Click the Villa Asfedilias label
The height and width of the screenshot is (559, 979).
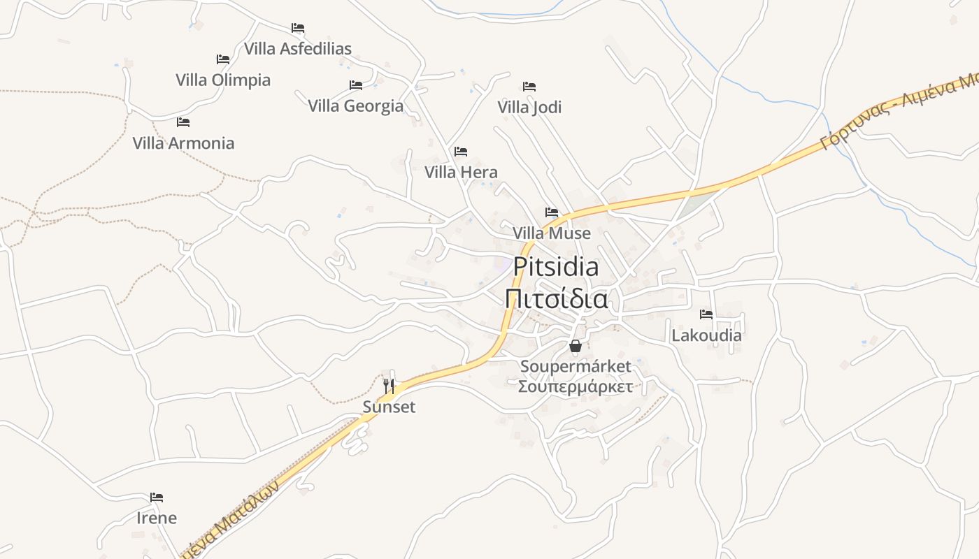pos(297,49)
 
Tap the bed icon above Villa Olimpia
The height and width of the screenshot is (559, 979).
pos(223,59)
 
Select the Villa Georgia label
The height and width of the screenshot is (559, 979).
pos(356,106)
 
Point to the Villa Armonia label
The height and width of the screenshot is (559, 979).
pos(183,143)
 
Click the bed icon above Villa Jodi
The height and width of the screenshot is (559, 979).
pos(529,87)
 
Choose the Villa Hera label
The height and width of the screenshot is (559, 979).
pos(461,173)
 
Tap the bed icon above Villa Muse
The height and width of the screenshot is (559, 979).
pos(552,212)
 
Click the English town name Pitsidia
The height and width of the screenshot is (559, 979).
pos(556,267)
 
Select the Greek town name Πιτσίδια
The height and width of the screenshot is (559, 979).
pos(556,299)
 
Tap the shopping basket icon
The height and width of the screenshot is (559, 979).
pos(576,346)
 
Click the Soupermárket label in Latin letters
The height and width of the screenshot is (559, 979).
pos(576,366)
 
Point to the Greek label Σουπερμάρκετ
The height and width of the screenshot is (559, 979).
pos(576,386)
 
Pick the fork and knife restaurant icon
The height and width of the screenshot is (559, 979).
pos(389,385)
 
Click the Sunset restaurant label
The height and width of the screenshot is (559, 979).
pos(389,407)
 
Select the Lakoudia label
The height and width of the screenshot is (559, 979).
pos(706,335)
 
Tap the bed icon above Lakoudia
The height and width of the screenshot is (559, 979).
pos(706,314)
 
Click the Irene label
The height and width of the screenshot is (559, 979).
pos(157,518)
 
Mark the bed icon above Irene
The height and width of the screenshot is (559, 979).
pos(157,498)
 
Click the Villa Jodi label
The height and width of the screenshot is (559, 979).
pos(529,108)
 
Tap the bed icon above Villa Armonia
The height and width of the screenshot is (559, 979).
pos(183,122)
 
